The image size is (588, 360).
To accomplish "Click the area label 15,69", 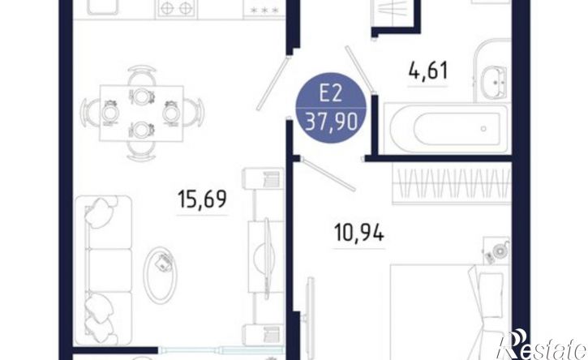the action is [x=202, y=199].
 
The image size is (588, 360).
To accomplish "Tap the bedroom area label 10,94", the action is [x=358, y=233].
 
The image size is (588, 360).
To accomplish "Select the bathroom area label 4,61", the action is [x=428, y=71].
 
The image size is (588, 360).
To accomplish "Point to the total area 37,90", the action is [x=331, y=122].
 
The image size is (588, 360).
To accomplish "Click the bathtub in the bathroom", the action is [x=446, y=128].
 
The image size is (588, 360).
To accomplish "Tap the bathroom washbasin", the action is [x=492, y=82].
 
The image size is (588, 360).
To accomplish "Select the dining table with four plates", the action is [x=141, y=114].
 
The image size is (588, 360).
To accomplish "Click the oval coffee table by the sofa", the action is [x=161, y=275].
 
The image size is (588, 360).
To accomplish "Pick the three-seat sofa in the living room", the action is [x=104, y=270].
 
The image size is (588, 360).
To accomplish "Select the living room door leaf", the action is [x=273, y=83].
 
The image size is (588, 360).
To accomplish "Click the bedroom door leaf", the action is [x=328, y=174].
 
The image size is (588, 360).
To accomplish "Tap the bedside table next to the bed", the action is [x=496, y=251].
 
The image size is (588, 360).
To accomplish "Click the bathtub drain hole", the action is [x=483, y=129].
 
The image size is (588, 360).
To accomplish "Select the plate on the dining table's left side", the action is [x=109, y=114].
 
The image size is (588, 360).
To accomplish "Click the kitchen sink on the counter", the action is [x=103, y=6].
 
